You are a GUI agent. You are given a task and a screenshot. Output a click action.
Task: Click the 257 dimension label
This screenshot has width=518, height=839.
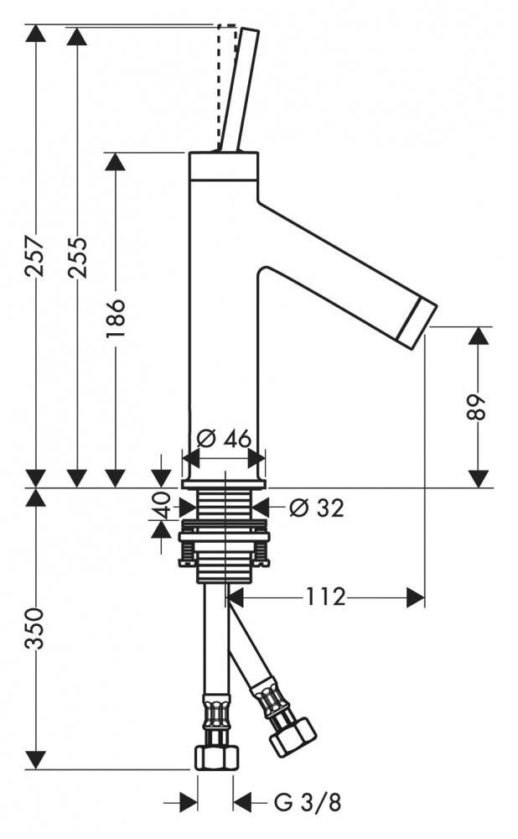(x=36, y=256)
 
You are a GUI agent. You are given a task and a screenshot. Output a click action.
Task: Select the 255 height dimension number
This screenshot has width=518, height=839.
(x=77, y=256)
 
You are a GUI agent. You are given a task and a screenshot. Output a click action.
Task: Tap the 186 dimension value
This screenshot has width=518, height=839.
(x=115, y=318)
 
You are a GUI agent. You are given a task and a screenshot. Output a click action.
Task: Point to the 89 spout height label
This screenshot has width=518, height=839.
(x=478, y=408)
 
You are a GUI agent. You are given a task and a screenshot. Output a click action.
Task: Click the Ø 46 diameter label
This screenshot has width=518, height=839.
(x=224, y=439)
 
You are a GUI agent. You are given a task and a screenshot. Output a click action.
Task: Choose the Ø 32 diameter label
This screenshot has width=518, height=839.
(x=317, y=508)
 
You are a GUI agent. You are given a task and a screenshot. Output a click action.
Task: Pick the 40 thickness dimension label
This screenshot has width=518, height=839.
(x=160, y=506)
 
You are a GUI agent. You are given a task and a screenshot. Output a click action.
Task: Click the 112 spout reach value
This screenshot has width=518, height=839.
(x=325, y=596)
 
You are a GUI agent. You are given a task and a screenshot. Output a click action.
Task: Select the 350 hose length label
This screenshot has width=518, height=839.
(x=36, y=628)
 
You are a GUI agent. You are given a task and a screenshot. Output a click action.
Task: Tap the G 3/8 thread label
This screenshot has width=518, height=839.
(x=308, y=802)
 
